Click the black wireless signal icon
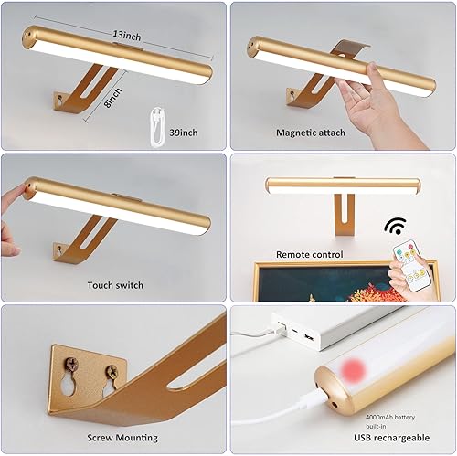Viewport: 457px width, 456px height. (395, 225)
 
